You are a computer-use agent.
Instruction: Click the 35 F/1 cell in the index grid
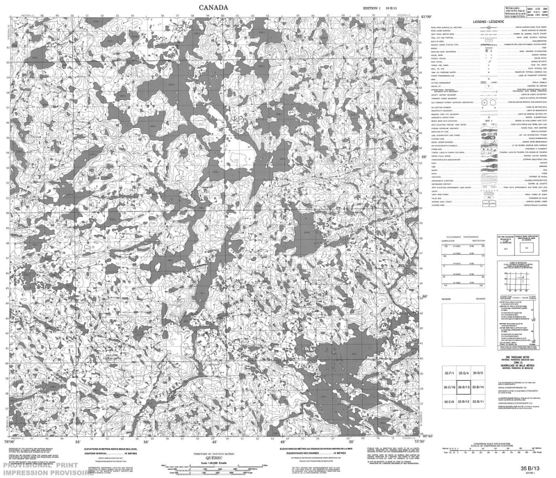pyautogui.click(x=448, y=374)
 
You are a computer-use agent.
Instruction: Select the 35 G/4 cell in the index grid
pyautogui.click(x=463, y=374)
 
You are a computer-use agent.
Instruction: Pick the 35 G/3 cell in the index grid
pyautogui.click(x=477, y=374)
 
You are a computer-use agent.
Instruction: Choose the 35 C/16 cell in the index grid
pyautogui.click(x=448, y=388)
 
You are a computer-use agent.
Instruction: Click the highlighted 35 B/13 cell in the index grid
pyautogui.click(x=463, y=388)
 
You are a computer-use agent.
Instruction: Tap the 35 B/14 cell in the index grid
pyautogui.click(x=477, y=388)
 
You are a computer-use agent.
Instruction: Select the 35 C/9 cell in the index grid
pyautogui.click(x=448, y=402)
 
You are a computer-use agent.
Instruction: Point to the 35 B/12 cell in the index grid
pyautogui.click(x=463, y=402)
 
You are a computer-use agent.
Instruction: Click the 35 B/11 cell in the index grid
pyautogui.click(x=477, y=402)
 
